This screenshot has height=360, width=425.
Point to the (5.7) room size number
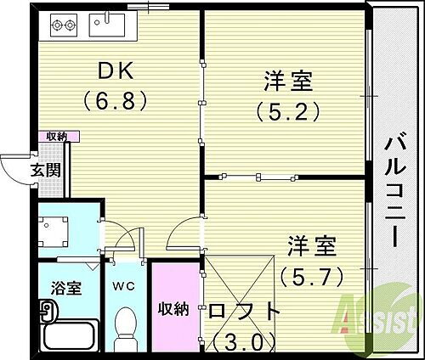pyautogui.click(x=311, y=274)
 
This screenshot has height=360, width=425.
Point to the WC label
pyautogui.click(x=125, y=287)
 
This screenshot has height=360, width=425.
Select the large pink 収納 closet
pyautogui.click(x=174, y=307)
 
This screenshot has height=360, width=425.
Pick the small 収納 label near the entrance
pyautogui.click(x=57, y=136)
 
